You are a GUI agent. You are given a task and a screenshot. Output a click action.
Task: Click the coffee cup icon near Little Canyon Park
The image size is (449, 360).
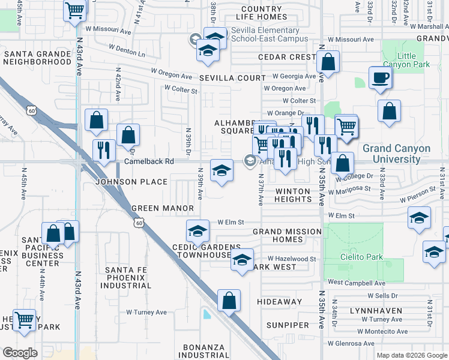(381, 78)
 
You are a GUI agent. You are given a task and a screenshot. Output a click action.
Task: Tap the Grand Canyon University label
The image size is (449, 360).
(396, 154)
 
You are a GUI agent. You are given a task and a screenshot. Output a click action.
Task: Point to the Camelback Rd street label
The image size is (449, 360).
(149, 161)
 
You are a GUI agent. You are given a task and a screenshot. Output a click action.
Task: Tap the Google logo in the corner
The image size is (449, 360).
(20, 352)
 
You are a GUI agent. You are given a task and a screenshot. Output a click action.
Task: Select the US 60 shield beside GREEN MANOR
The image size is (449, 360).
(139, 223)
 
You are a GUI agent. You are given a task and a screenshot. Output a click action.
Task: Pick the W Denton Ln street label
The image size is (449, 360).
(128, 50)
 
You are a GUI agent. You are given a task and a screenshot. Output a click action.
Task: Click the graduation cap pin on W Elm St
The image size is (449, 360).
(198, 231)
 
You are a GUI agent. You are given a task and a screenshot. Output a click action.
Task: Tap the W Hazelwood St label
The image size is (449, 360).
(292, 259)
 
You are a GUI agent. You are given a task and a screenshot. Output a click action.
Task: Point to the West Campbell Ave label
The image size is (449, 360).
(357, 282)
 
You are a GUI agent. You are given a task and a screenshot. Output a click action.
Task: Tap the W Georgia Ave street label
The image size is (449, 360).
(294, 76)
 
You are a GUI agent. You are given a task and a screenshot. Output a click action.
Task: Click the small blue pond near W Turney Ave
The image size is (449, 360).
(207, 314)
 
